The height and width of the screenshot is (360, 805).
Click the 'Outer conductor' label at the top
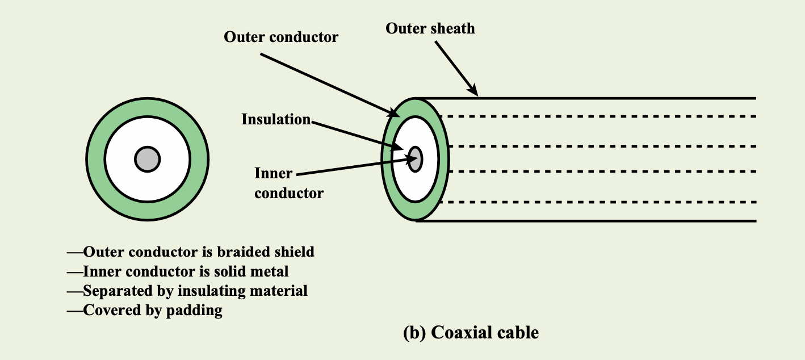coord(280,37)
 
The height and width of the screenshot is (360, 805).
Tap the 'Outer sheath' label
coord(430,28)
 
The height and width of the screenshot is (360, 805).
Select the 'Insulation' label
coord(276,119)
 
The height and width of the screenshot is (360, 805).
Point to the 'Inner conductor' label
coord(289,183)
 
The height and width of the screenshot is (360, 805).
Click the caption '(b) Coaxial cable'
coord(471,332)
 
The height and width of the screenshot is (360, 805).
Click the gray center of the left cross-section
coord(148,159)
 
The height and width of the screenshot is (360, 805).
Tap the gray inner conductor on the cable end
coord(415,159)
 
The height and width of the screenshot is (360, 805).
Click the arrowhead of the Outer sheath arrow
coord(473,90)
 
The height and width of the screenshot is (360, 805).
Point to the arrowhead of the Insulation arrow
coord(397,146)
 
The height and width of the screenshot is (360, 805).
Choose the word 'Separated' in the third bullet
coord(118,291)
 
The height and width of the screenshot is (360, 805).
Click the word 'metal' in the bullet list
coord(270,271)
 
